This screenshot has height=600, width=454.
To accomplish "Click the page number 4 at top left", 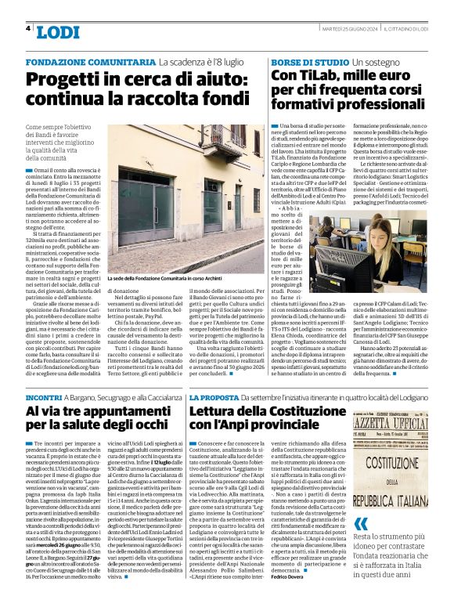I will (x=28, y=29).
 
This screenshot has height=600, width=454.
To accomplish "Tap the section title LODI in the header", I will (x=59, y=32).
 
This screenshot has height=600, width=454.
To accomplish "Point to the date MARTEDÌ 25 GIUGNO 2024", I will (x=350, y=29).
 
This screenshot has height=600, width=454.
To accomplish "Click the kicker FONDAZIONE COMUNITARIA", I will (x=90, y=61).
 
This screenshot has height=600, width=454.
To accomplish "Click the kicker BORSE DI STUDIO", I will (x=310, y=61).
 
